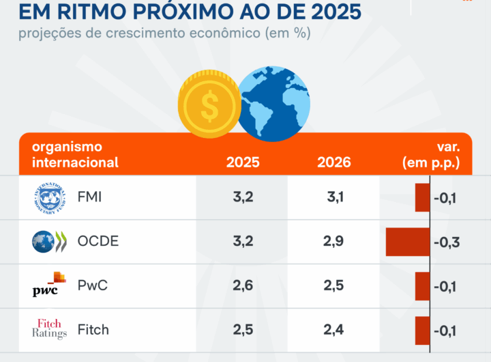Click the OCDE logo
coord(50,241)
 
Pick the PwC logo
coord(50,285)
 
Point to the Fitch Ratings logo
coord(50,329)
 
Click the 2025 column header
coord(243,163)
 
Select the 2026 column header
coord(334,163)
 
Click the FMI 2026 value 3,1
coord(336,198)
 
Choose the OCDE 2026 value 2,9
coord(334,241)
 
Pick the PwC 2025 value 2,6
coord(243,285)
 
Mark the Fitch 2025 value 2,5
coord(243,329)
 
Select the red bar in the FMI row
coord(422,199)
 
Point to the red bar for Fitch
coord(422,330)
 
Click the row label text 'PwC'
coord(93,286)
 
